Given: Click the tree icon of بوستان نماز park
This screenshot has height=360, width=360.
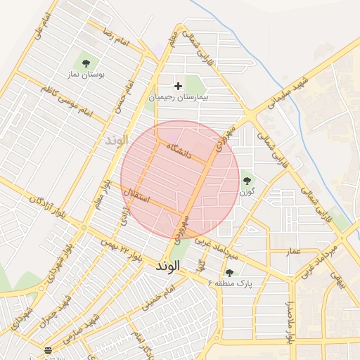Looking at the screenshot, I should click(x=87, y=61).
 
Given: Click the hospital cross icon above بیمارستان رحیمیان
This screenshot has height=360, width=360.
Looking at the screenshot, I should click(x=178, y=86).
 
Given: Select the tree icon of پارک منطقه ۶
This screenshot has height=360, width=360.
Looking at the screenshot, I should click(x=229, y=273).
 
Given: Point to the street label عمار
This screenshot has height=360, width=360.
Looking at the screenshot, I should click(x=293, y=251).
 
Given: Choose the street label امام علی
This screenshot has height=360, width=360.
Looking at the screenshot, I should click(x=44, y=25).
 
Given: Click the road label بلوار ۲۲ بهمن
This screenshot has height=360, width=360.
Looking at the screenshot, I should click(x=124, y=251).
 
